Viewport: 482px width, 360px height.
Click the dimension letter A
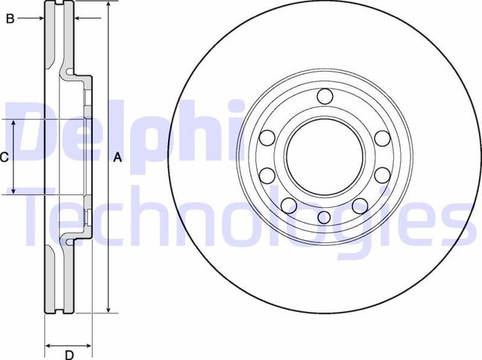tap(117, 157)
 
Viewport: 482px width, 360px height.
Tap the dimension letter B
tap(10, 19)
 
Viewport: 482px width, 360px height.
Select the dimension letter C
tap(4, 157)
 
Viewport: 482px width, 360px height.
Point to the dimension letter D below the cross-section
tap(69, 354)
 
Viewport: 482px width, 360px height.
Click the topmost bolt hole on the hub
tap(325, 96)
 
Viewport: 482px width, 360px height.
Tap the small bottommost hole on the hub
tap(325, 218)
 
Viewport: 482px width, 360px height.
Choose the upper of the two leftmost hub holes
tap(267, 139)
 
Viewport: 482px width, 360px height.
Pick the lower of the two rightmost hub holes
tap(383, 176)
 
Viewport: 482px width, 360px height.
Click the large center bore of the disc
tap(325, 157)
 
